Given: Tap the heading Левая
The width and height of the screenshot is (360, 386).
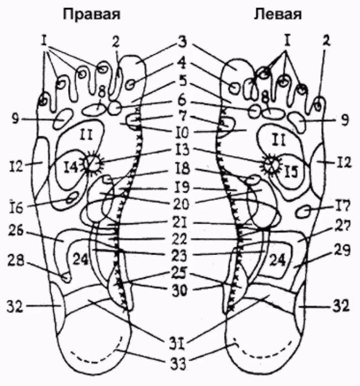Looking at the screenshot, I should click(277, 13).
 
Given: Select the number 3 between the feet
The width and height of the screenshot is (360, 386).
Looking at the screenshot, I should click(182, 41).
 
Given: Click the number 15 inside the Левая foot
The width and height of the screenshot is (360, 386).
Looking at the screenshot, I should click(290, 170).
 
